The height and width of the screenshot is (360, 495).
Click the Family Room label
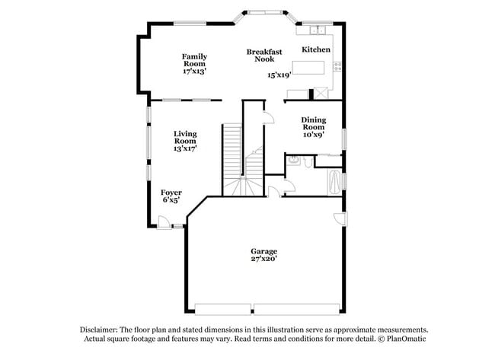pyautogui.click(x=194, y=60)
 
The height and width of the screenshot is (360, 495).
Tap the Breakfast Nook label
pyautogui.click(x=264, y=56)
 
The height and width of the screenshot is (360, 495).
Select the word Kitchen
pyautogui.click(x=316, y=49)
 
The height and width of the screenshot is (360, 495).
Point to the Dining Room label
pyautogui.click(x=314, y=123)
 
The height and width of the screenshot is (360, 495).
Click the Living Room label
pyautogui.click(x=185, y=137)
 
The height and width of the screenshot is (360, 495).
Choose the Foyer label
pyautogui.click(x=171, y=193)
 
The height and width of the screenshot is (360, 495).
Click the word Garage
pyautogui.click(x=264, y=251)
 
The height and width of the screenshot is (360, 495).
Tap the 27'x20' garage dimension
pyautogui.click(x=264, y=259)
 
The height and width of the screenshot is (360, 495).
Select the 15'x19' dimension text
pyautogui.click(x=279, y=75)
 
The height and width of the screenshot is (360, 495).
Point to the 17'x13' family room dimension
pyautogui.click(x=194, y=71)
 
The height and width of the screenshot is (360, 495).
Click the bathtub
pyautogui.click(x=334, y=183)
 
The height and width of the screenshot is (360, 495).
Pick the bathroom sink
pyautogui.click(x=304, y=161)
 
